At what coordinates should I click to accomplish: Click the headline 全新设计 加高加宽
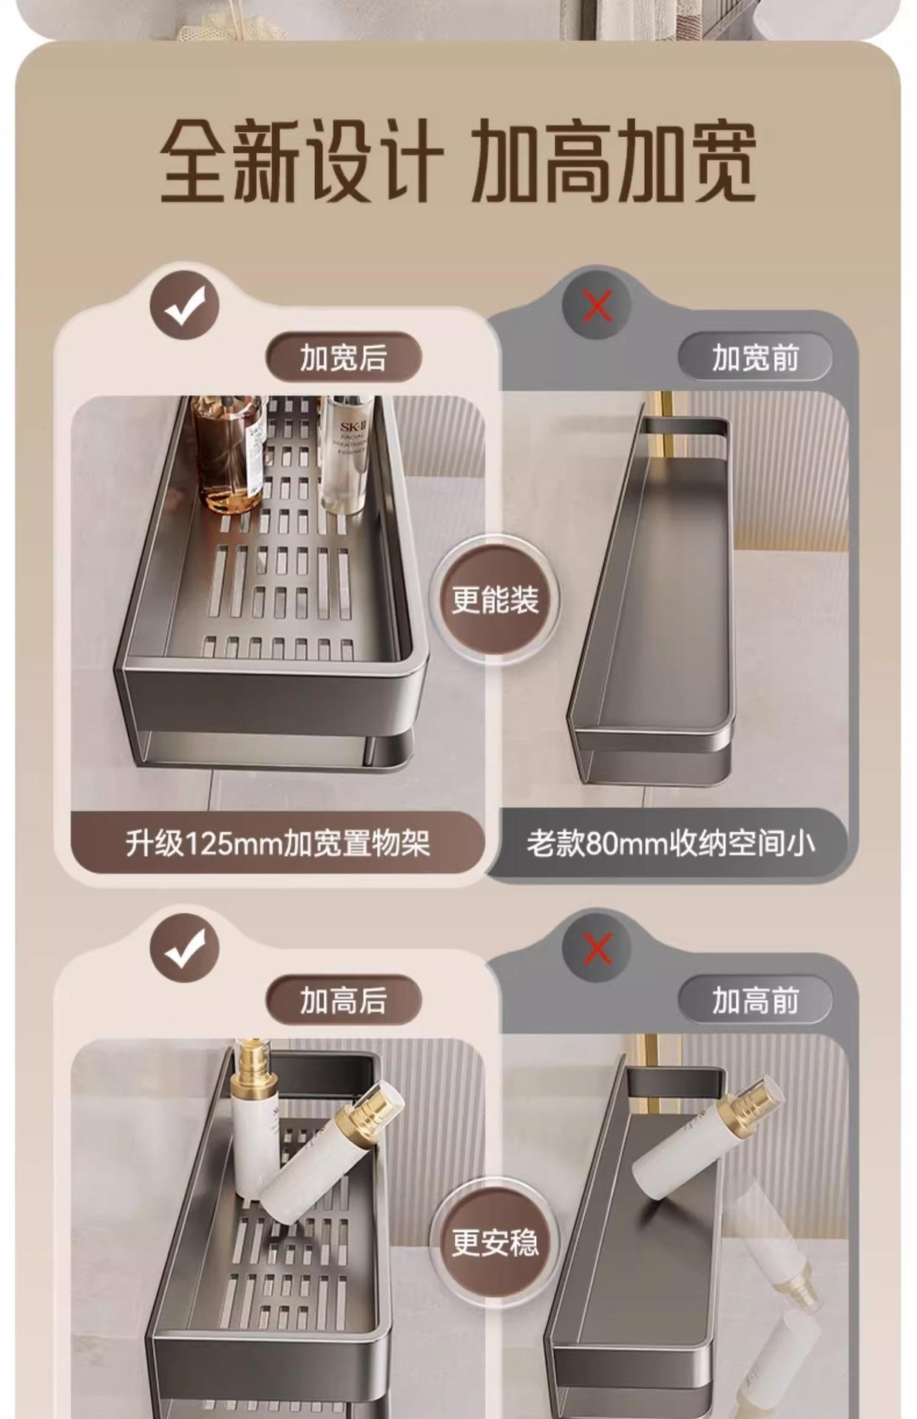click(x=458, y=161)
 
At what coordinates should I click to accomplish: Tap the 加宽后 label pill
click(x=343, y=358)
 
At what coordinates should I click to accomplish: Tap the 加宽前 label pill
click(x=755, y=358)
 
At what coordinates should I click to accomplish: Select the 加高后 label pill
click(x=343, y=1001)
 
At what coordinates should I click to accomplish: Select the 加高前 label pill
click(x=755, y=1001)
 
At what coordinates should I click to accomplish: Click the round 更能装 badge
click(x=495, y=599)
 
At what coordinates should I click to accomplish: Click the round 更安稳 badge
click(x=495, y=1242)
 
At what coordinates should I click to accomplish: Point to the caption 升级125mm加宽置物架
click(x=277, y=843)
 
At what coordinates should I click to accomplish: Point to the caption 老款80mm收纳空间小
click(x=671, y=843)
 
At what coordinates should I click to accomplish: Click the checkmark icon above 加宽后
click(x=185, y=305)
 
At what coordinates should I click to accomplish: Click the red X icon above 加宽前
click(x=597, y=305)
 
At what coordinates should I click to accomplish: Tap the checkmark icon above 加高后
click(x=185, y=948)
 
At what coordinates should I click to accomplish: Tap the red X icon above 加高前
click(x=597, y=948)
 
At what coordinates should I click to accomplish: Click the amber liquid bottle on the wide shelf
click(x=229, y=455)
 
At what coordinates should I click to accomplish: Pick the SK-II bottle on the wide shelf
click(x=345, y=452)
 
